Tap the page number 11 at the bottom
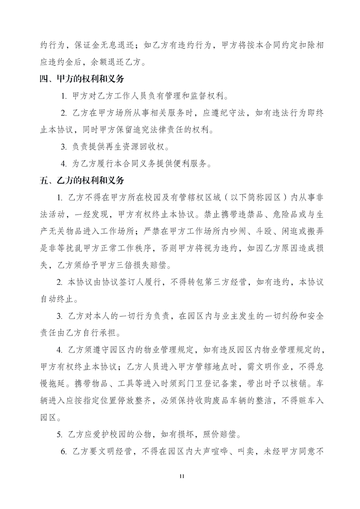click(180, 476)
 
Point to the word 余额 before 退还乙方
click(103, 63)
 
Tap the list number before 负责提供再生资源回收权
click(64, 147)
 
